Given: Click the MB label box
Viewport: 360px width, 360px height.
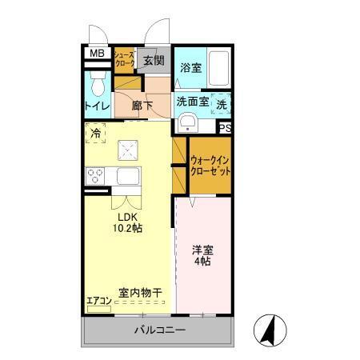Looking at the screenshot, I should coord(96,54).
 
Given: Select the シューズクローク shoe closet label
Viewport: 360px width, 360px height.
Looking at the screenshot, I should coord(124,58).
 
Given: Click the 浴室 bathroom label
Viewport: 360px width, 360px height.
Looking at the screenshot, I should coord(190,68).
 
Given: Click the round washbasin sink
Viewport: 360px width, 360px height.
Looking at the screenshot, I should coord(187,121).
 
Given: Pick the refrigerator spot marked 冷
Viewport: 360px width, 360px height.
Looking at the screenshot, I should coord(96,134).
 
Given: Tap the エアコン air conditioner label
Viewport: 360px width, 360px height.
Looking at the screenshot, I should coord(99,301).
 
